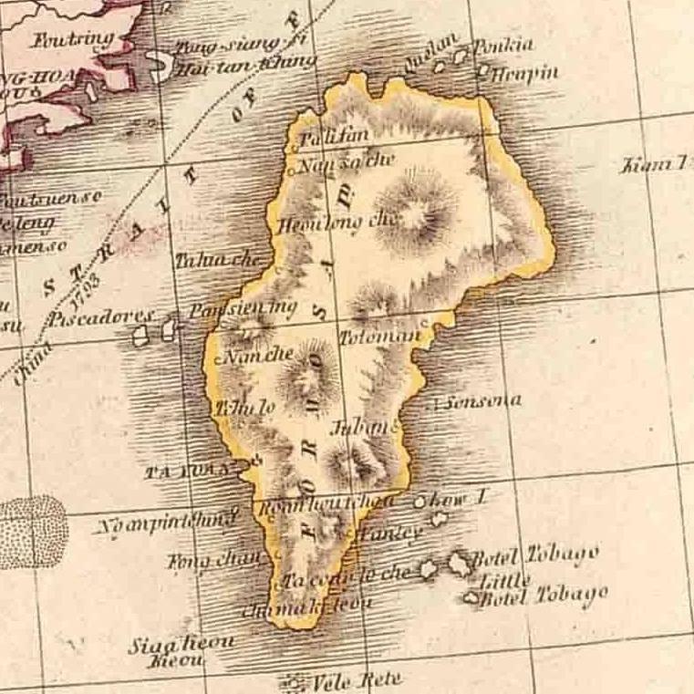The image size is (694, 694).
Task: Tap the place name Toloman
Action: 380,336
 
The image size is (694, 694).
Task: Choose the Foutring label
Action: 73,39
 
